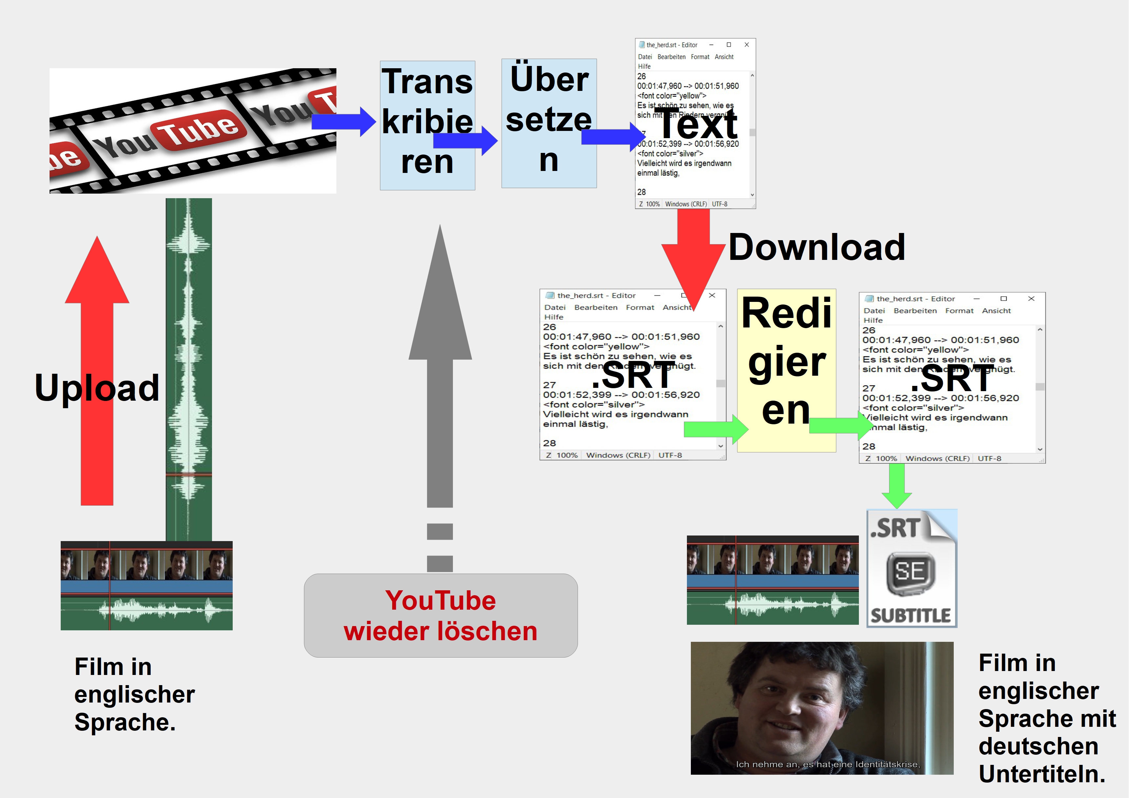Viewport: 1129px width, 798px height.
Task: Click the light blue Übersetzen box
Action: (x=549, y=123)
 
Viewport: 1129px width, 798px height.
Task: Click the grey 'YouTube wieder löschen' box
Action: (x=440, y=615)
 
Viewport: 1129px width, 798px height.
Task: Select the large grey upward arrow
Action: (x=440, y=369)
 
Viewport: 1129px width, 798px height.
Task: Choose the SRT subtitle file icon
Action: (x=911, y=568)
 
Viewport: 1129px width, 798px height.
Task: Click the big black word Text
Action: (x=698, y=124)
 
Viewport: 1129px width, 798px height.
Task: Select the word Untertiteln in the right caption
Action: (x=1041, y=774)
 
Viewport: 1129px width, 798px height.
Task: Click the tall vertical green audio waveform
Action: (x=188, y=369)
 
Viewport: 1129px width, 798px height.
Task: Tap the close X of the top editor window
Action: (x=746, y=45)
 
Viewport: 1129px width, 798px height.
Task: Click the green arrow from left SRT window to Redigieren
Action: (x=715, y=429)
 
